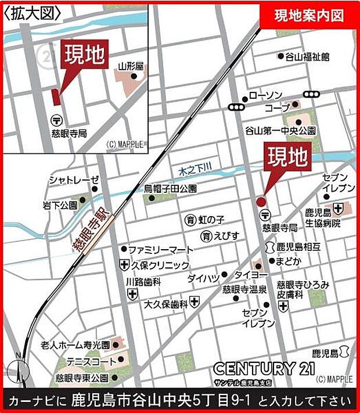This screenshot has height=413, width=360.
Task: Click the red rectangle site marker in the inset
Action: pyautogui.click(x=56, y=97)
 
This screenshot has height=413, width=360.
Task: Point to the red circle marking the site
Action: pyautogui.click(x=261, y=201)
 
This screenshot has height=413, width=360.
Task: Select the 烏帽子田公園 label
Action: pyautogui.click(x=170, y=189)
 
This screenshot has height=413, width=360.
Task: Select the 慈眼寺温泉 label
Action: pyautogui.click(x=244, y=289)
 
